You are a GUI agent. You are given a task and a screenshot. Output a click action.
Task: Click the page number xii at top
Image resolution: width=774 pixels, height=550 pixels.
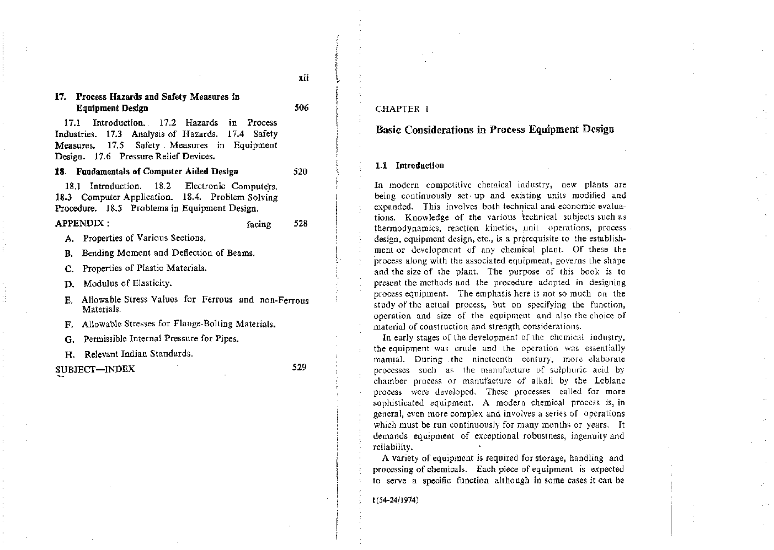pyautogui.click(x=303, y=78)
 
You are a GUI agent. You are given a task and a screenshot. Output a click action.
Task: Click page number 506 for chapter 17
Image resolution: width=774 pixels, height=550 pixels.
pyautogui.click(x=301, y=108)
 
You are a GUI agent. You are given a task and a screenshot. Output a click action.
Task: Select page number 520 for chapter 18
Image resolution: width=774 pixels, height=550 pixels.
pyautogui.click(x=300, y=171)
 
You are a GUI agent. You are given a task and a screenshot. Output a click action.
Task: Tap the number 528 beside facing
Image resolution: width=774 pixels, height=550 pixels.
pyautogui.click(x=300, y=224)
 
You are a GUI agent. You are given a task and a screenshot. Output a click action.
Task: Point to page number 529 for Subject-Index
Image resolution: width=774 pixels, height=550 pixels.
pyautogui.click(x=299, y=367)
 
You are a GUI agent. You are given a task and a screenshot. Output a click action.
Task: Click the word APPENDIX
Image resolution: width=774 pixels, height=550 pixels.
pyautogui.click(x=82, y=224)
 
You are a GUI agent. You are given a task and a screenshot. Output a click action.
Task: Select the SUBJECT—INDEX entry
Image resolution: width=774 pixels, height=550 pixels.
pyautogui.click(x=95, y=369)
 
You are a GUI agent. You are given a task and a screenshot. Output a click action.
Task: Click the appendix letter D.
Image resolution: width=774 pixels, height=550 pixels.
pyautogui.click(x=69, y=284)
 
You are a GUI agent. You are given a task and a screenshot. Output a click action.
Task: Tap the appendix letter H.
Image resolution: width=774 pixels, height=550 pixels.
pyautogui.click(x=69, y=354)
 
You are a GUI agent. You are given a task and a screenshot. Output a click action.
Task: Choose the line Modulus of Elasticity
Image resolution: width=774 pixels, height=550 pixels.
pyautogui.click(x=127, y=283)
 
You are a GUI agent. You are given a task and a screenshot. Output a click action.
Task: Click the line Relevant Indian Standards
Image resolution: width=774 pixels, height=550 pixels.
pyautogui.click(x=138, y=354)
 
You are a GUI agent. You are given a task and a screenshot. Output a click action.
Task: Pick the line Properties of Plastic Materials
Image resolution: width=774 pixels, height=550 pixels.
pyautogui.click(x=145, y=268)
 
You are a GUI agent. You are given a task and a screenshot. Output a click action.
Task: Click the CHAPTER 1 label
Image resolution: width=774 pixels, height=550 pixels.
pyautogui.click(x=402, y=109)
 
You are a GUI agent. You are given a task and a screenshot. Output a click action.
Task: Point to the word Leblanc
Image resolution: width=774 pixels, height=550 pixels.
pyautogui.click(x=610, y=381)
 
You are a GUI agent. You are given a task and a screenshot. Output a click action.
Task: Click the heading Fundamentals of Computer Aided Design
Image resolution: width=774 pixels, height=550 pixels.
pyautogui.click(x=157, y=171)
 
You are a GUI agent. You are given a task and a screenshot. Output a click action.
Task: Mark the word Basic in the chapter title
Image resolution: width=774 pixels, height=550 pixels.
pyautogui.click(x=388, y=130)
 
